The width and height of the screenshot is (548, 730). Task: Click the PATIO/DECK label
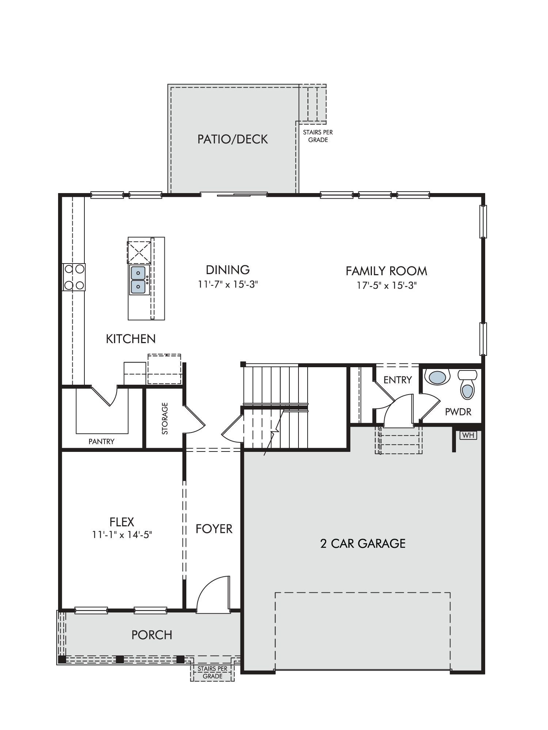(233, 139)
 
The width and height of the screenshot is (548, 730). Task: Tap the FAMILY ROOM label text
(387, 271)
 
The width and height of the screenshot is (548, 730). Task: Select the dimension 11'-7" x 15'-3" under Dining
(228, 284)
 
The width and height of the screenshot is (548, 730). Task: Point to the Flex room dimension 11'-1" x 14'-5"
(122, 535)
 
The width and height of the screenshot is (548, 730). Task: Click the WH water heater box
(468, 435)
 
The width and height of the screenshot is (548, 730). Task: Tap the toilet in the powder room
(468, 385)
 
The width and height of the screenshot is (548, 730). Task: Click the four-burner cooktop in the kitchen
(74, 277)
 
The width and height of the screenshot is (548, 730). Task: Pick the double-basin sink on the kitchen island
(138, 280)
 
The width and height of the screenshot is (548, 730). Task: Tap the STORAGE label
(165, 418)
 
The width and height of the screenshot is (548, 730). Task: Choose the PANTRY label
(102, 442)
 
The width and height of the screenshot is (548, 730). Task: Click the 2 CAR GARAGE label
(363, 543)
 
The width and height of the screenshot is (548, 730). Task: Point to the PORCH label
(152, 635)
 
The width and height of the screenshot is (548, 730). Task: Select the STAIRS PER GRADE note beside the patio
(318, 136)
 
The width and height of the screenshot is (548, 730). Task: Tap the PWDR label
(458, 412)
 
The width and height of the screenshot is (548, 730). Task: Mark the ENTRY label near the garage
(398, 380)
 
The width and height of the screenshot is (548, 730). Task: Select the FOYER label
(214, 529)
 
